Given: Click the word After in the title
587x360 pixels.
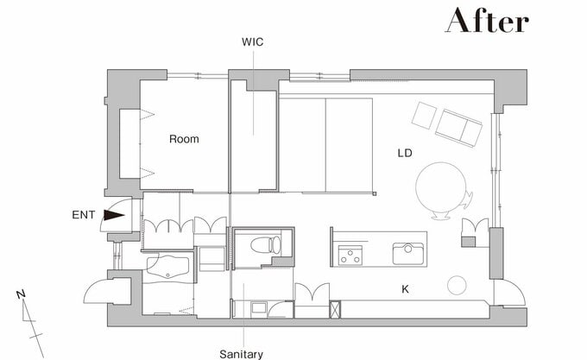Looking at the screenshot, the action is coord(487,20).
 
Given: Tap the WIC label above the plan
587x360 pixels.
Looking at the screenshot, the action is coord(253,42).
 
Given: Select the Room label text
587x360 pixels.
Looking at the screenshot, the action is coord(184,139).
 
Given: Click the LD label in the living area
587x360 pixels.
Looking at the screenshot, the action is coord(405,153).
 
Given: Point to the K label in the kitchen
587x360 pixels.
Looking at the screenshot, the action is coord(405,289).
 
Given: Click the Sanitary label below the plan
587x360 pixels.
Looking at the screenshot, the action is coord(241,354).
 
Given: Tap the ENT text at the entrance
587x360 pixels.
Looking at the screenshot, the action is coord(84,215).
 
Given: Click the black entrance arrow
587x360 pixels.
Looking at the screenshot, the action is coord(114,215).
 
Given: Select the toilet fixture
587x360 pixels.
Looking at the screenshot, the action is coord(265,245).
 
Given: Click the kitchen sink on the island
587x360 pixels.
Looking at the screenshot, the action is coord(408,253).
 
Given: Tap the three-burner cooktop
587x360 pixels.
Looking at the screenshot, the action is coord(350,256).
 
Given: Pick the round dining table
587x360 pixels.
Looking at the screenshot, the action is coord(441,187).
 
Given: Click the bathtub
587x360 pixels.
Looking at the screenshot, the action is coord(167,267).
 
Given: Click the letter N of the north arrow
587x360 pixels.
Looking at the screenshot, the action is coord(21,294).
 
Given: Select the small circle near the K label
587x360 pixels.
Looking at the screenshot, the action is coord(457,286).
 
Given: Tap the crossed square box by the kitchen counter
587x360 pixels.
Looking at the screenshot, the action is coord(336,309).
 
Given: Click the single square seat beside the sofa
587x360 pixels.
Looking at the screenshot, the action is coord(424,116).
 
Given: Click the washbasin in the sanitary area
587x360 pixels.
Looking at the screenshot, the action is coord(258,309).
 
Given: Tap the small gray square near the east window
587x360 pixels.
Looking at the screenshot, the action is coord(468,242).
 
